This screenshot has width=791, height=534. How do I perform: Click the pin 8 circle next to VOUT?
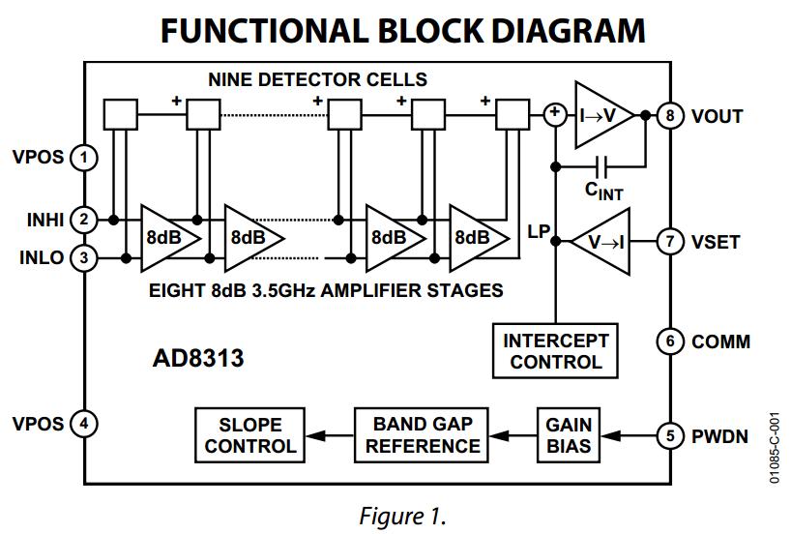pyautogui.click(x=669, y=116)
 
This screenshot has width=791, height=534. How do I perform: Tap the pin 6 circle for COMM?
pyautogui.click(x=669, y=341)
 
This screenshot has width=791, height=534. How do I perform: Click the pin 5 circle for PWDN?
pyautogui.click(x=669, y=435)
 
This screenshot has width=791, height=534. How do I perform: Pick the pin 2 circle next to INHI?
pyautogui.click(x=85, y=220)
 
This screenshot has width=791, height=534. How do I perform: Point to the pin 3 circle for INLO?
pyautogui.click(x=85, y=258)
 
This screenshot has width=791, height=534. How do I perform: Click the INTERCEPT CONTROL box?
pyautogui.click(x=556, y=351)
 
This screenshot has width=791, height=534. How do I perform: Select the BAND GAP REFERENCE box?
pyautogui.click(x=423, y=435)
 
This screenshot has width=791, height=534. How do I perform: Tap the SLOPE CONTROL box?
pyautogui.click(x=250, y=435)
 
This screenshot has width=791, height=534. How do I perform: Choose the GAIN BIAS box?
pyautogui.click(x=569, y=435)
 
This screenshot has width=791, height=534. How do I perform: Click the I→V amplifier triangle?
pyautogui.click(x=600, y=115)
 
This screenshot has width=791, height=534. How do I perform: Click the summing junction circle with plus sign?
pyautogui.click(x=555, y=115)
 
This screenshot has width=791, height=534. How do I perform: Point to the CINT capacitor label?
pyautogui.click(x=604, y=192)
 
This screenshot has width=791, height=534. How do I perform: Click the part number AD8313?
pyautogui.click(x=198, y=359)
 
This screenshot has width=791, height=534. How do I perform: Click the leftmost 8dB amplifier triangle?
pyautogui.click(x=165, y=238)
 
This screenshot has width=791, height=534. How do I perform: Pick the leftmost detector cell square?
pyautogui.click(x=120, y=115)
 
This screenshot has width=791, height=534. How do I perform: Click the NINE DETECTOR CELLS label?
pyautogui.click(x=317, y=79)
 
